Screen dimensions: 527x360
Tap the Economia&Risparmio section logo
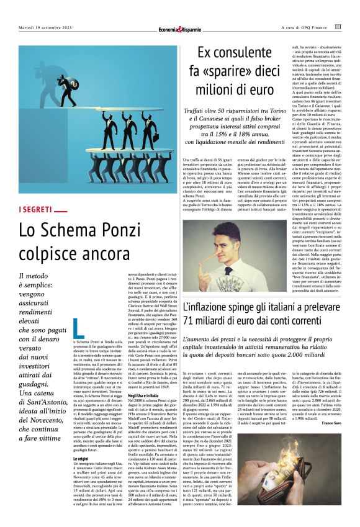(179, 27)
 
